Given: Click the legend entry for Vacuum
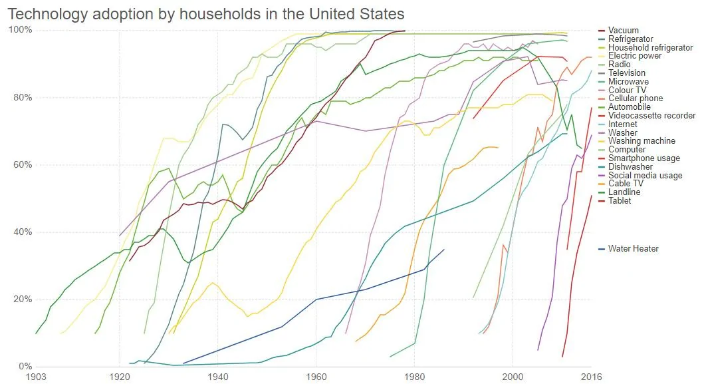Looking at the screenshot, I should click(624, 31).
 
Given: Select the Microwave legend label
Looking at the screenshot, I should click(627, 82).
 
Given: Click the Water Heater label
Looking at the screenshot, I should click(633, 249).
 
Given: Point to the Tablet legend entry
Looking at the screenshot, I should click(620, 201).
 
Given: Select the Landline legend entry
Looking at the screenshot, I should click(624, 192).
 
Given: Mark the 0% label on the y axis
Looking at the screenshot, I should click(24, 367).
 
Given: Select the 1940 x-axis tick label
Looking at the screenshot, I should click(217, 377).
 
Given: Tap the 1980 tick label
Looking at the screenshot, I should click(415, 377).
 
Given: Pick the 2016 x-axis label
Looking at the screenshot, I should click(591, 377).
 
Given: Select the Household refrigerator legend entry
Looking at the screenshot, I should click(642, 48).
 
